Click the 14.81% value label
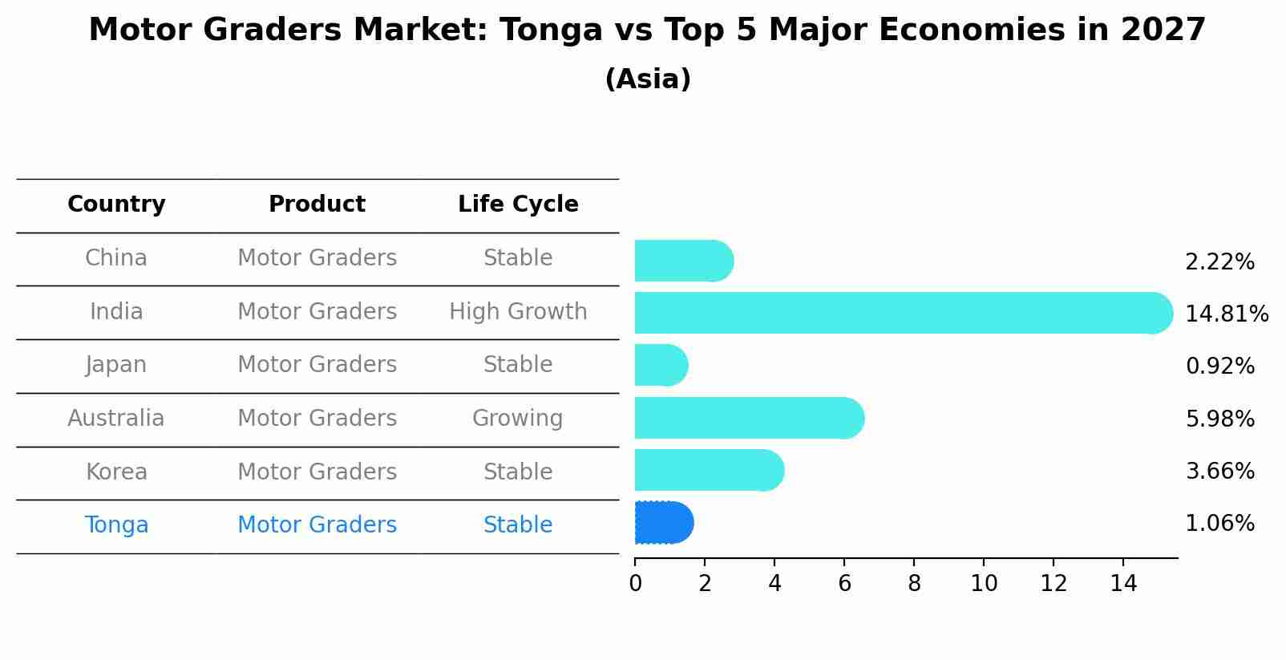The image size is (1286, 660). point(1226,314)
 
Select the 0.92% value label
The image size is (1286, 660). point(1219,366)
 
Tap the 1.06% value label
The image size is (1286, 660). point(1219,524)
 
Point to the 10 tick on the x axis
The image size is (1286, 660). point(984,584)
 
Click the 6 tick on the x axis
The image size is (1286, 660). point(844,584)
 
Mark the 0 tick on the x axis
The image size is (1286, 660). point(635,584)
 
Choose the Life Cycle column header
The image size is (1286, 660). point(518,204)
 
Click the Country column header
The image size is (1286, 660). point(116,204)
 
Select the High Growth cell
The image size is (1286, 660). point(518,311)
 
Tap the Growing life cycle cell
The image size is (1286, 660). point(518,418)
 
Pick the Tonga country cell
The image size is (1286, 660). point(116,525)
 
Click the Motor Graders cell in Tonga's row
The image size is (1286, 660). point(317,525)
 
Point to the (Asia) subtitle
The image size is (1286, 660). point(648,79)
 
